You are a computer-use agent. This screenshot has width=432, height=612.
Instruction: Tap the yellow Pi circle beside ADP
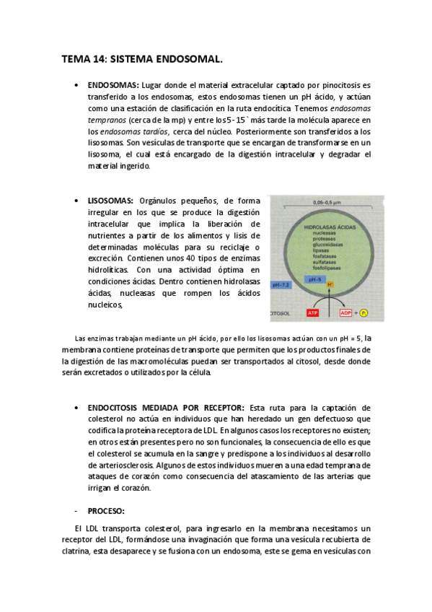pyautogui.click(x=363, y=313)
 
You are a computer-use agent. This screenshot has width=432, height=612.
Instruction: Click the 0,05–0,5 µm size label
pyautogui.click(x=322, y=204)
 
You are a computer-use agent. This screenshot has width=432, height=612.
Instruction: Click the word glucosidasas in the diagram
pyautogui.click(x=322, y=245)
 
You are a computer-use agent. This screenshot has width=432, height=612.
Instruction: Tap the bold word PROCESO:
pyautogui.click(x=106, y=511)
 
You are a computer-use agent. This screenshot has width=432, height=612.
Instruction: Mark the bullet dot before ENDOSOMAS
pyautogui.click(x=76, y=85)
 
